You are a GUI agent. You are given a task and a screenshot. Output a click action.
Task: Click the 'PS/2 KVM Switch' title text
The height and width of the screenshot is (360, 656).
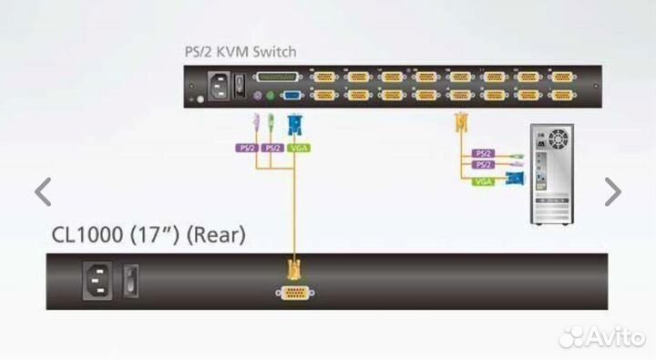click(x=240, y=52)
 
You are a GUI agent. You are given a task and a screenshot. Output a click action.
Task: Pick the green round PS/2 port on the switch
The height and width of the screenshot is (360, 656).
click(x=272, y=94)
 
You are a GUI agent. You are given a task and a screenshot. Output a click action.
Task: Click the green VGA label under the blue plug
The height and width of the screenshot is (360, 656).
click(x=297, y=146)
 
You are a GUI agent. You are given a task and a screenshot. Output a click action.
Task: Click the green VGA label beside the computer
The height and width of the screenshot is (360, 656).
click(x=484, y=181)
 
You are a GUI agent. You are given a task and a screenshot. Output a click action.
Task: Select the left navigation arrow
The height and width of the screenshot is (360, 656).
click(x=43, y=191)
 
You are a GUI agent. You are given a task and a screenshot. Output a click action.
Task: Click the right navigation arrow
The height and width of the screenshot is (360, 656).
click(x=613, y=191)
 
